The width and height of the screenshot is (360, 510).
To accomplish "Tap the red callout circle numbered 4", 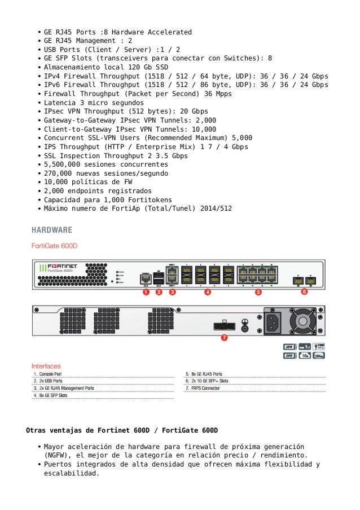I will point(207,293).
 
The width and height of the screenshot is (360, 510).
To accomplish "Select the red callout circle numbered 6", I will point(304,292).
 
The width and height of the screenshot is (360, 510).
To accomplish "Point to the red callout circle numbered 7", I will point(224,338).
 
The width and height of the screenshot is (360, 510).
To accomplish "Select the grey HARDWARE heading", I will point(51,230).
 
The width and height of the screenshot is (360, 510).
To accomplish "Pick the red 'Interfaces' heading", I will point(46,366).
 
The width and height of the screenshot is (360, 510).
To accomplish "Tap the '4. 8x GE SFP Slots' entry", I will point(50,396).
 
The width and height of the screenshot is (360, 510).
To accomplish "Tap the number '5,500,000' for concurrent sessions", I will point(64,164).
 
